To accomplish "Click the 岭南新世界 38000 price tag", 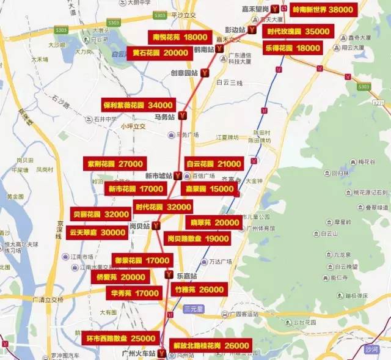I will tap(323, 10).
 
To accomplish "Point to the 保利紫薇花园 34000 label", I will tap(139, 105).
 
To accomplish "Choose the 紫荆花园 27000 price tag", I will tap(115, 164).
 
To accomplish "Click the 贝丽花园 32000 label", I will tap(101, 214).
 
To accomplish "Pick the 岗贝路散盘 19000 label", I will tap(198, 238).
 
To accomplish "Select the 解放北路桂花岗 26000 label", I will tap(210, 346).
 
